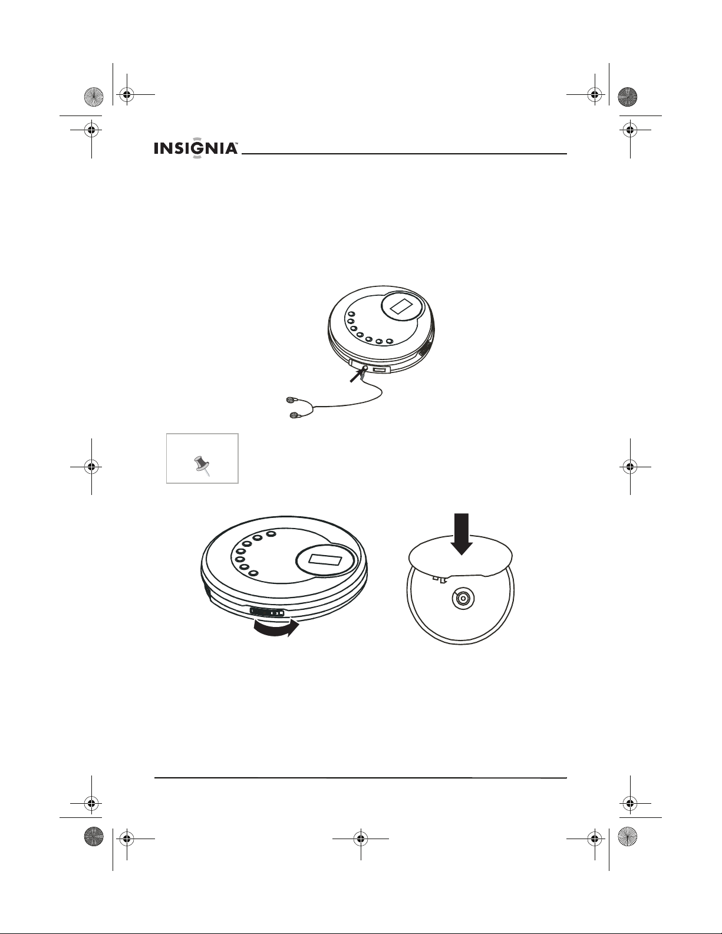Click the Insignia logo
pyautogui.click(x=196, y=148)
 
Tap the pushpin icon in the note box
pyautogui.click(x=202, y=466)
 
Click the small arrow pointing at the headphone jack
pyautogui.click(x=357, y=376)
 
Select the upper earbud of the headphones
pyautogui.click(x=291, y=400)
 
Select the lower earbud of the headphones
pyautogui.click(x=294, y=415)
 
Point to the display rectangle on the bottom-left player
pyautogui.click(x=326, y=560)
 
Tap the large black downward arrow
pyautogui.click(x=461, y=534)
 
